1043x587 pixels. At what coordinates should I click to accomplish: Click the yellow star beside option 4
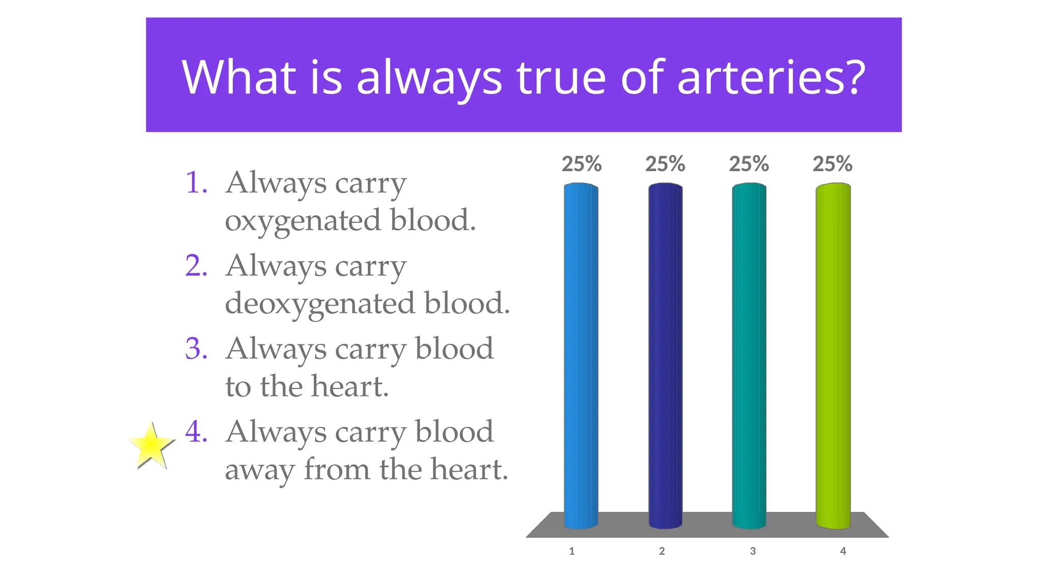tap(151, 446)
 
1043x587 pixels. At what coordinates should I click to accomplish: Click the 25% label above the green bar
tap(832, 164)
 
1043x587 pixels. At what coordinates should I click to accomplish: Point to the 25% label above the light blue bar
tap(582, 164)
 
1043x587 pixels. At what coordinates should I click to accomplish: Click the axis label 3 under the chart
tap(753, 551)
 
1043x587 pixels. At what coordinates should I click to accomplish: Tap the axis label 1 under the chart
tap(572, 551)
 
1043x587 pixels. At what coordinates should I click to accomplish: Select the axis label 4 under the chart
tap(843, 551)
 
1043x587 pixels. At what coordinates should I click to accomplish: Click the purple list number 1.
tap(196, 182)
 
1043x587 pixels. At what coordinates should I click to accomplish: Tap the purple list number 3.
tap(196, 349)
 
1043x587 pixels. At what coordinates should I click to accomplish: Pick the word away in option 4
tap(259, 470)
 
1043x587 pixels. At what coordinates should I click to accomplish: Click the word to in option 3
tap(238, 387)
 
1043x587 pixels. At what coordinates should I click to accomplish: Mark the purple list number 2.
tap(196, 265)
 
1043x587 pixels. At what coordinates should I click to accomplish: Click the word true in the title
tap(561, 77)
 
